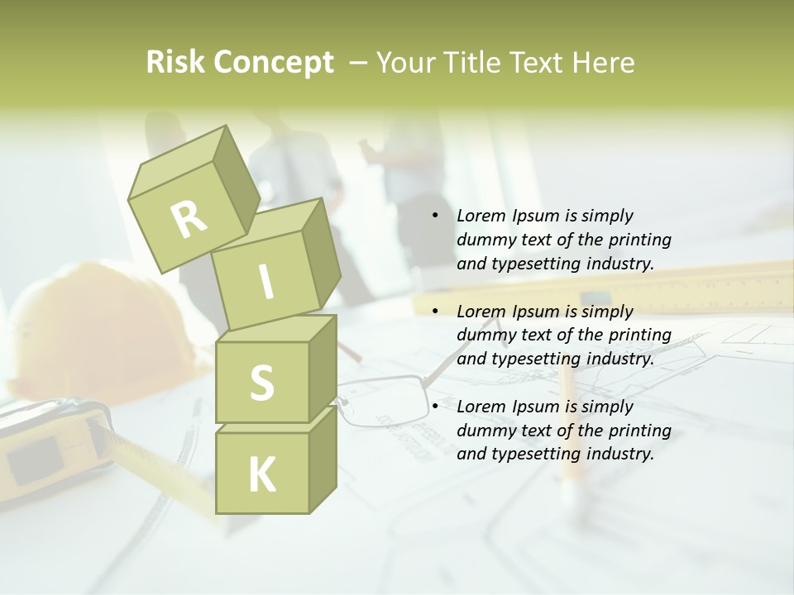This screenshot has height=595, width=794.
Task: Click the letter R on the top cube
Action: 189,219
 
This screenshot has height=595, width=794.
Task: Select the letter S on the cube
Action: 261,383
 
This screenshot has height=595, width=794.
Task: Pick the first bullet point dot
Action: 435,217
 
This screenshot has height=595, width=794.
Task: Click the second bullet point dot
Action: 435,312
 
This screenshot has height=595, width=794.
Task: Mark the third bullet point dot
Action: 435,407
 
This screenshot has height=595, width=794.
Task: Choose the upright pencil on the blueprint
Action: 567,430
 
